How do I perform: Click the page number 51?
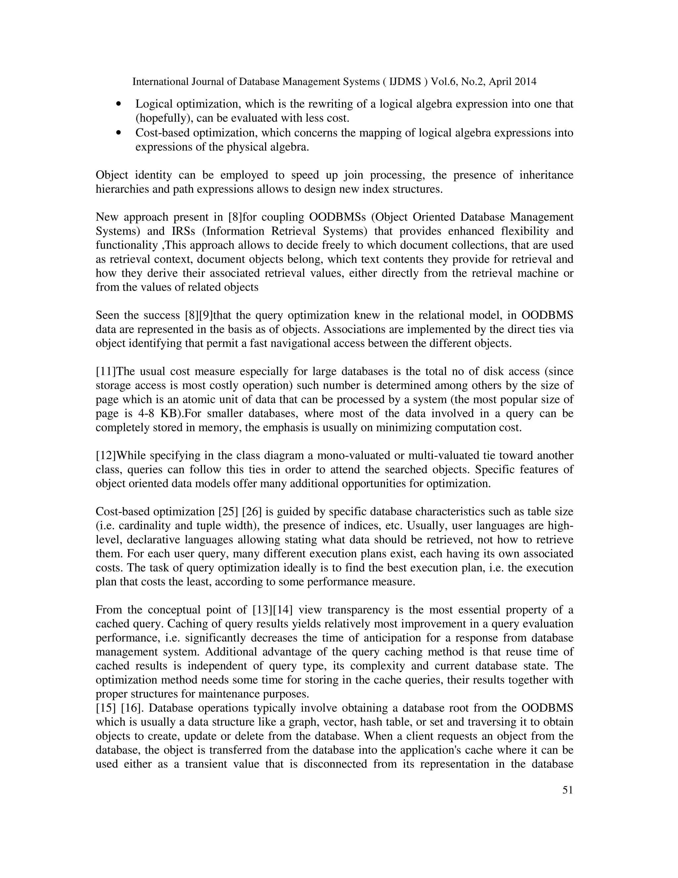click(567, 790)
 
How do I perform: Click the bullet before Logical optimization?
click(118, 104)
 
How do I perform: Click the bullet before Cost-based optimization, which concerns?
click(118, 133)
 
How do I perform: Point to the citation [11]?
click(105, 371)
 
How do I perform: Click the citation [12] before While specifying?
click(105, 456)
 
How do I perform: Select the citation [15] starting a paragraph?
click(105, 708)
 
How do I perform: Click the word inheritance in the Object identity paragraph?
click(546, 175)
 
